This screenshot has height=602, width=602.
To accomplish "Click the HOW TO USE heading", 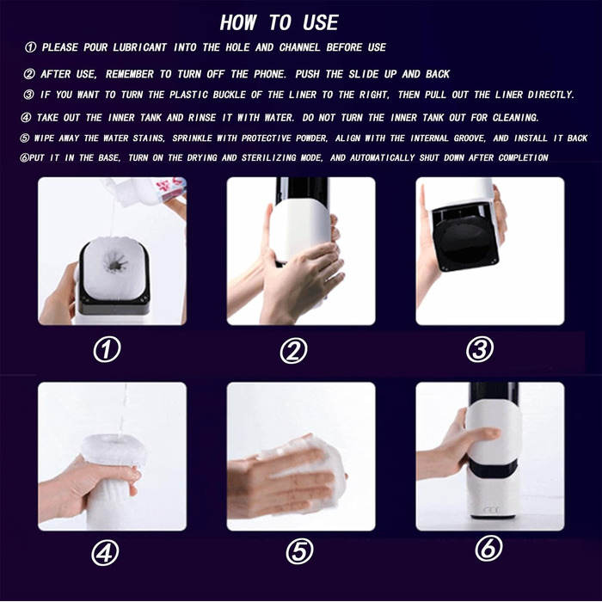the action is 279,22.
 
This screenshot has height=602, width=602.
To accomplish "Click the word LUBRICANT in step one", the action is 139,47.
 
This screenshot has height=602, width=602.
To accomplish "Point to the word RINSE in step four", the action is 202,118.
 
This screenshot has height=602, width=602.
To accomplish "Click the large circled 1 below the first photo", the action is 107,350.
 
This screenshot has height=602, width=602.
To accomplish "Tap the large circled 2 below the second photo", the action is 294,351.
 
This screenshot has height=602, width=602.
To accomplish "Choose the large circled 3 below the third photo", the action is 480,349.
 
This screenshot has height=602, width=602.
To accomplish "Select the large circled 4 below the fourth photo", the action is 105,553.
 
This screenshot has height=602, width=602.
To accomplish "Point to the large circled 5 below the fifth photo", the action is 299,552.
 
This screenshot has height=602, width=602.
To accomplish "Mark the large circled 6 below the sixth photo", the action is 488,549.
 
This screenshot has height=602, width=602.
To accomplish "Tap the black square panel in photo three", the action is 465,236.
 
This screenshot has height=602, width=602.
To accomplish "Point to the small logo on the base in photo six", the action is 492,510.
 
